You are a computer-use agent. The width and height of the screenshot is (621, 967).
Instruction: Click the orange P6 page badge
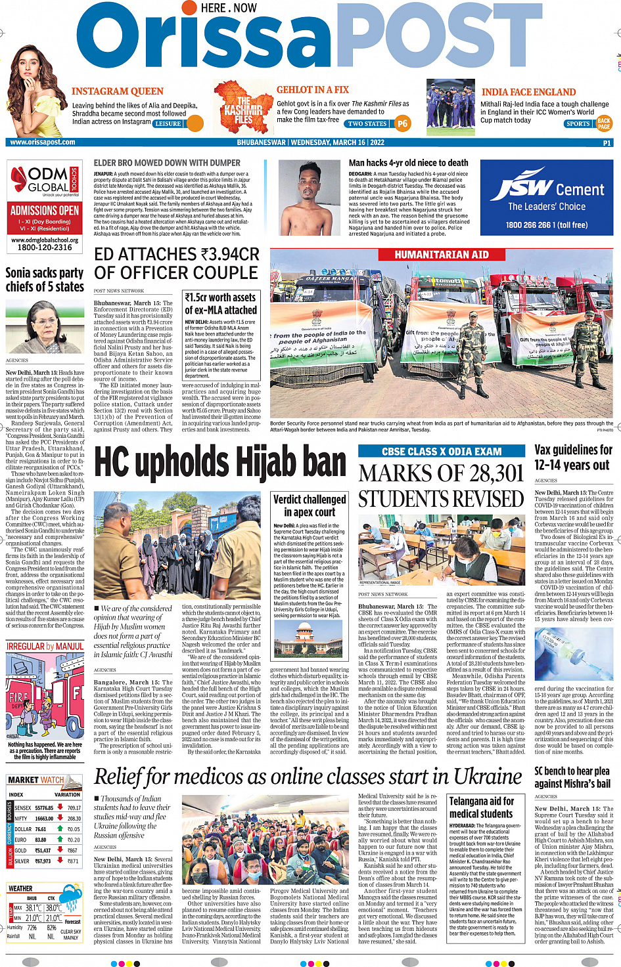click(402, 123)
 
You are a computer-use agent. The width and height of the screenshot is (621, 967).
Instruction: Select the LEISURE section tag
click(168, 123)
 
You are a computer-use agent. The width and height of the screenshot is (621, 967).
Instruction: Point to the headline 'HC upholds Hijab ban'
click(220, 463)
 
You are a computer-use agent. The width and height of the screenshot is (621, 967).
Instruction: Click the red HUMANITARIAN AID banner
click(441, 255)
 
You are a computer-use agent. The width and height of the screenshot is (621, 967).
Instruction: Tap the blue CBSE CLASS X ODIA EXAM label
click(442, 451)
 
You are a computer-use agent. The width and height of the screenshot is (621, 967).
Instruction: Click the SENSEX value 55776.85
click(44, 808)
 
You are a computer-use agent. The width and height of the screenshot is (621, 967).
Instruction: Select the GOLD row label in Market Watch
click(20, 850)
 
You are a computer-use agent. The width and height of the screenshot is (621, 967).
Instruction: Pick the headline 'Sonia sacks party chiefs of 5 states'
click(45, 280)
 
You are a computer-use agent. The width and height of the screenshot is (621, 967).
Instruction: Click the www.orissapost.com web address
click(43, 142)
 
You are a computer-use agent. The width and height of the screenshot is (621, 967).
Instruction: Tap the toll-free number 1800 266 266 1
click(546, 225)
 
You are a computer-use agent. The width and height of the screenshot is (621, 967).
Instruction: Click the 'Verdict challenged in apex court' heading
click(310, 505)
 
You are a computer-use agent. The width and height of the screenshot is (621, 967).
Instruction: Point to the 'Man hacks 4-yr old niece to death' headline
click(408, 163)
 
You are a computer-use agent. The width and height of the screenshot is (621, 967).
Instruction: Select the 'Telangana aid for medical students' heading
click(481, 807)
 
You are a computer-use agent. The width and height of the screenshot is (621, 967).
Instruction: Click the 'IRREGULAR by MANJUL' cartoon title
click(45, 646)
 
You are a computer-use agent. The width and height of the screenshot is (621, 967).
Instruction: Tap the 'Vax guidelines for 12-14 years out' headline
click(573, 457)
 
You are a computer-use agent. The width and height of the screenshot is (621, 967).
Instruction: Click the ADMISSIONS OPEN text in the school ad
click(45, 211)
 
